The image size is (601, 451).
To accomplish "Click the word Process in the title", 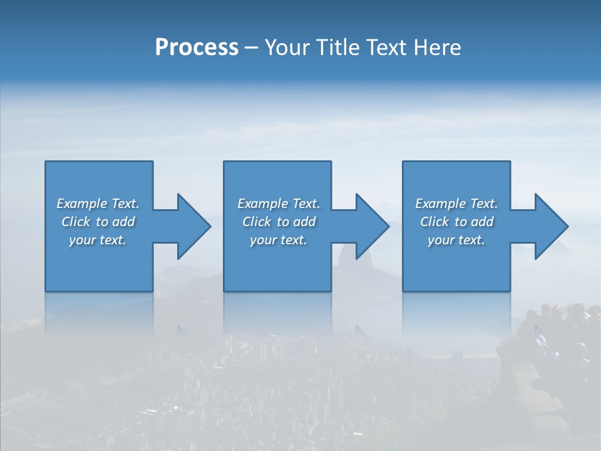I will click(197, 48).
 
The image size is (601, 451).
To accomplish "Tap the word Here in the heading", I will click(438, 48).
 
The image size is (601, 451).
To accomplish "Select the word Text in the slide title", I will click(386, 48).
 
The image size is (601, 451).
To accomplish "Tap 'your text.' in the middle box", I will click(278, 240).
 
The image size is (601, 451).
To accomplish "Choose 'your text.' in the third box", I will click(456, 240).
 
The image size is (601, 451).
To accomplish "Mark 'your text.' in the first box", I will click(98, 240).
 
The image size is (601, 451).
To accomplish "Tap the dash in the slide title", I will click(252, 48).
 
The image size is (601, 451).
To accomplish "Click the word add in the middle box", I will click(305, 222).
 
